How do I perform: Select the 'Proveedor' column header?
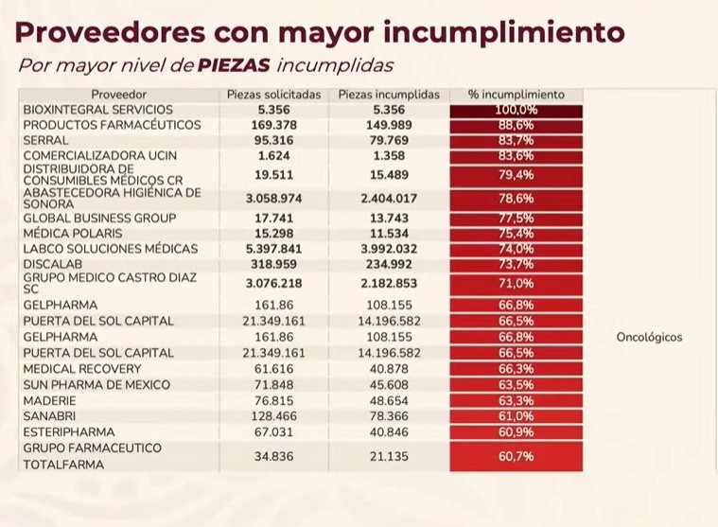point(119,95)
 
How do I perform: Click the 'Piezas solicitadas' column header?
point(274,95)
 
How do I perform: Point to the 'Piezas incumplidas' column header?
point(389,95)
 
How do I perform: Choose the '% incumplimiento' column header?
point(517,95)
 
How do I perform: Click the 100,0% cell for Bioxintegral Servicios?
point(517,110)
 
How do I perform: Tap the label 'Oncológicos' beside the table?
point(648,337)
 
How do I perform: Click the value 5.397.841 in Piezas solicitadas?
point(274,249)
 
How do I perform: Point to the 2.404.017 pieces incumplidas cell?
point(389,199)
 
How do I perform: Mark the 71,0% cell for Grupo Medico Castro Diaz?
point(517,283)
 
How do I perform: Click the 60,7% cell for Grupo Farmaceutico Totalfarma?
point(517,456)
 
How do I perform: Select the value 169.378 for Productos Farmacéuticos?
point(274,125)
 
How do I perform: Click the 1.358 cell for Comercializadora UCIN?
point(389,155)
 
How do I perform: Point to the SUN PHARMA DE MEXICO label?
point(96,385)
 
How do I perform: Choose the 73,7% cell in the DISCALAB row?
point(517,264)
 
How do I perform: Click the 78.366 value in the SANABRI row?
point(389,415)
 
